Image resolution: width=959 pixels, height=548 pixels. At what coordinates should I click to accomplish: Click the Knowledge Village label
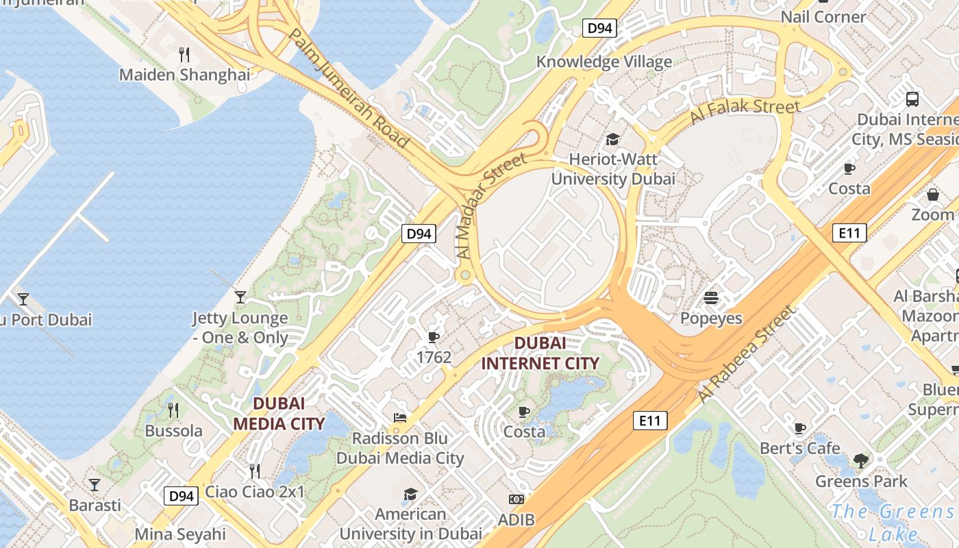click(x=603, y=62)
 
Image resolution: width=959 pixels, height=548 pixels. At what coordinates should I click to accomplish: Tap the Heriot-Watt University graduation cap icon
click(x=612, y=140)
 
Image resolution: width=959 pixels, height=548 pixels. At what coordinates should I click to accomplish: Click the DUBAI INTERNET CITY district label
click(x=540, y=353)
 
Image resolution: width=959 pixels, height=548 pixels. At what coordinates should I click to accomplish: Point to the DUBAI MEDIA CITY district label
click(x=278, y=413)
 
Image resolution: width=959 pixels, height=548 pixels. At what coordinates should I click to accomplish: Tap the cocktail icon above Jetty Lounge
click(x=240, y=297)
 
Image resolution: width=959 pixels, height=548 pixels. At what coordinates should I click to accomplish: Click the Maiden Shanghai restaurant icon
click(x=184, y=53)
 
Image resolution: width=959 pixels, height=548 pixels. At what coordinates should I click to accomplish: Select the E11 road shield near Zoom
click(x=849, y=233)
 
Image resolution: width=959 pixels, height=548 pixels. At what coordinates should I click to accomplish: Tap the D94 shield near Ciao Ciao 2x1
click(x=182, y=495)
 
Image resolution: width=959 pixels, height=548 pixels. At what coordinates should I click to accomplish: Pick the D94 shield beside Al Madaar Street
click(x=419, y=234)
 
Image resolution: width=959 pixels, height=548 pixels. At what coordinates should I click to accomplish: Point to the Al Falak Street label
click(x=745, y=112)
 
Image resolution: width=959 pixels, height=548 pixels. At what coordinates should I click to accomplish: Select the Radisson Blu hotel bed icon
click(x=400, y=417)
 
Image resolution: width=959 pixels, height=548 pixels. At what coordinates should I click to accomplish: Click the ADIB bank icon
click(x=516, y=499)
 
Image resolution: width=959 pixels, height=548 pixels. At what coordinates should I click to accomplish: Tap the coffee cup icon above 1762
click(x=433, y=336)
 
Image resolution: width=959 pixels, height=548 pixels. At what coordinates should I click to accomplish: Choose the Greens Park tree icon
click(x=861, y=460)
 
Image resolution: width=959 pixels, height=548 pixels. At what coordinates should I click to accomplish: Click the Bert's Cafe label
click(x=799, y=448)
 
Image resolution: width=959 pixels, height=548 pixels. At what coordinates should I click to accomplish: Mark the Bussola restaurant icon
click(x=173, y=410)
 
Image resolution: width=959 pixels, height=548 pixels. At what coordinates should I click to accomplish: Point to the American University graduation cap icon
click(x=410, y=494)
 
